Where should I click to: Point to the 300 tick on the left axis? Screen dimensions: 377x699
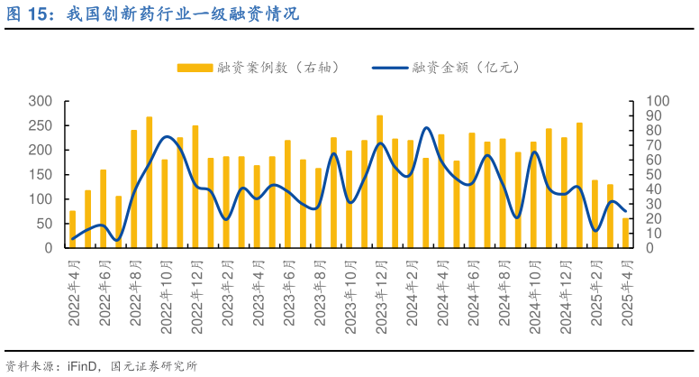40,101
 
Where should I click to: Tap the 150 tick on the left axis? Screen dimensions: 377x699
40,174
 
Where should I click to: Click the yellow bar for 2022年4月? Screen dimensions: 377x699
72,229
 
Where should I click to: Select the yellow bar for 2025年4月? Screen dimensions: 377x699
625,233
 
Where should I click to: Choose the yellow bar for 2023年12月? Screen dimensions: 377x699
379,181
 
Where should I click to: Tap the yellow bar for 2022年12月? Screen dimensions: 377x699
195,187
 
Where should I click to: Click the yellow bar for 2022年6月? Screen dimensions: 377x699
103,208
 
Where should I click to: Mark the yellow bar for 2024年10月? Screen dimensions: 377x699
533,194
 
